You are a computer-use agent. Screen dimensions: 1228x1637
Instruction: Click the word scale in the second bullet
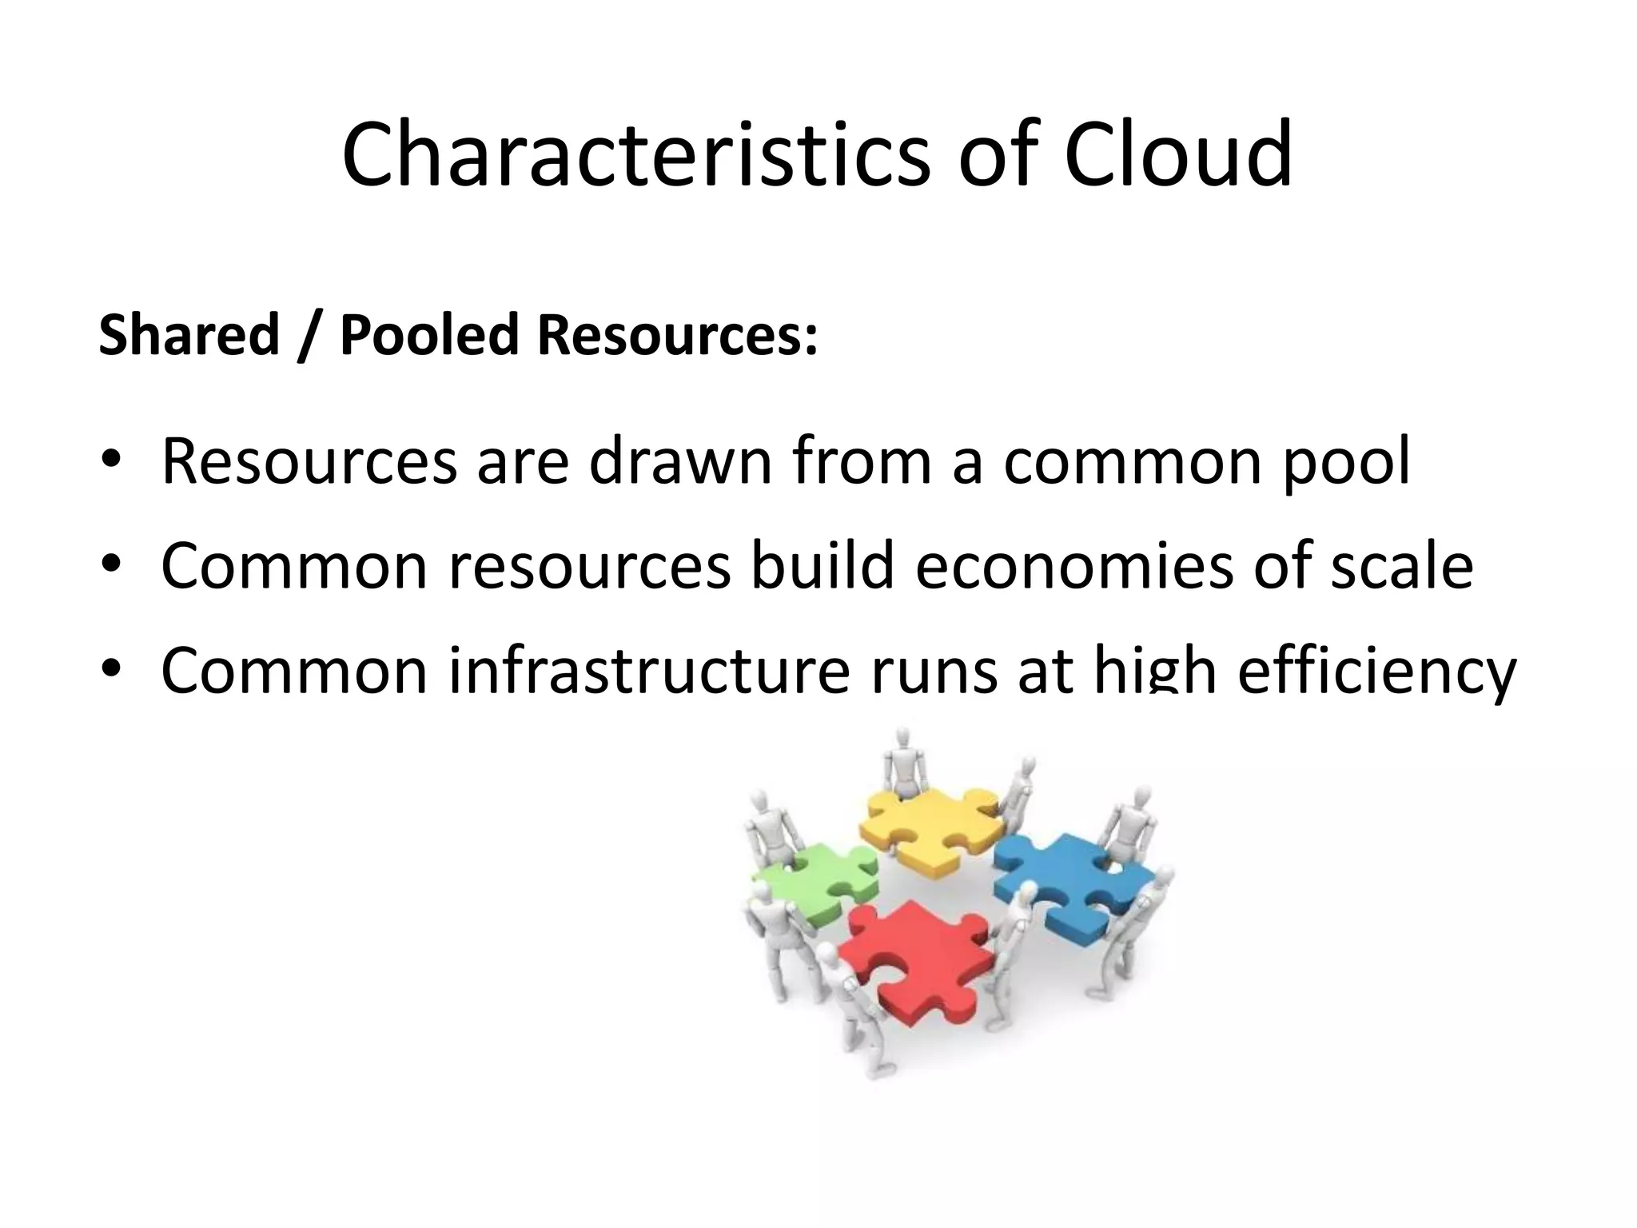pos(1392,565)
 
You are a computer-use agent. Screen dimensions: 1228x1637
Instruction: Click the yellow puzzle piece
pos(927,827)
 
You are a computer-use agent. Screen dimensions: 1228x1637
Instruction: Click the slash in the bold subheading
pos(303,336)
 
